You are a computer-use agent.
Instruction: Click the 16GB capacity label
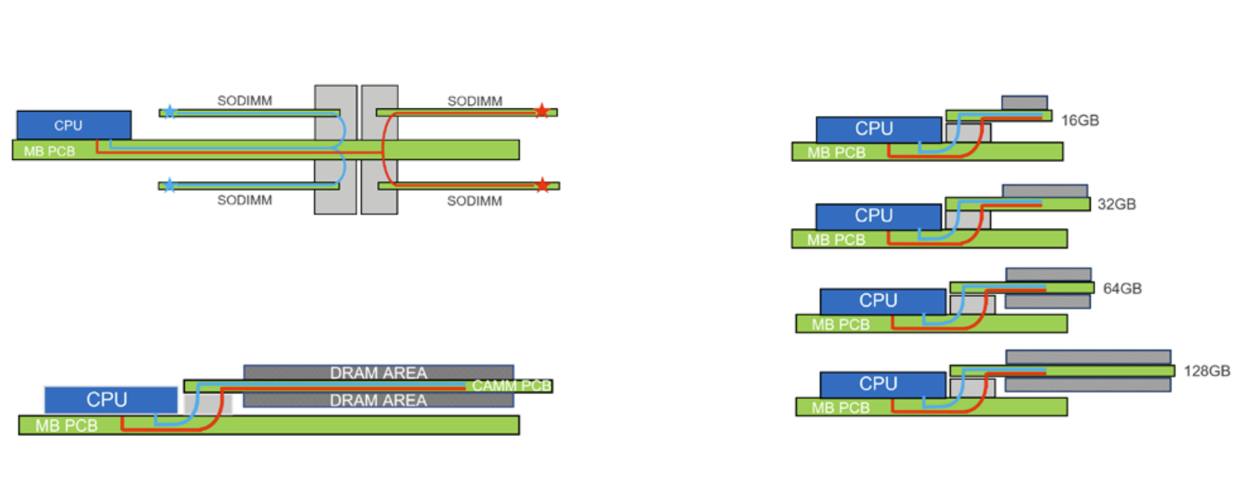(1080, 121)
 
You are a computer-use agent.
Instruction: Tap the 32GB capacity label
(1116, 204)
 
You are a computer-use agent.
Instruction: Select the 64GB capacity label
(1122, 289)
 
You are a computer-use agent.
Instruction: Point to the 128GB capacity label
(1206, 371)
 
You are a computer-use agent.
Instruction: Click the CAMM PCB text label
(511, 386)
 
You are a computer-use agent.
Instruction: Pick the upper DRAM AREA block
(378, 372)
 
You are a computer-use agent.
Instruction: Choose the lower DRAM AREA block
(378, 400)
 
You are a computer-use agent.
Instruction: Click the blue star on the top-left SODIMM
(170, 112)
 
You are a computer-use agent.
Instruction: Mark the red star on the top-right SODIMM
(541, 110)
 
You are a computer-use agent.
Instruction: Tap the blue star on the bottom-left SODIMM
(170, 185)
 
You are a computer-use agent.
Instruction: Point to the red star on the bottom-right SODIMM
(542, 185)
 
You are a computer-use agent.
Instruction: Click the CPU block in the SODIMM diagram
(73, 125)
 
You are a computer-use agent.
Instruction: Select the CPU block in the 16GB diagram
(878, 129)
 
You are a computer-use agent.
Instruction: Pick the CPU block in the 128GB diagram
(882, 384)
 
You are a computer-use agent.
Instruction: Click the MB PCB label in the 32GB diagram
(836, 240)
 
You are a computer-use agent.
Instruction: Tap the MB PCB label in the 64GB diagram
(840, 325)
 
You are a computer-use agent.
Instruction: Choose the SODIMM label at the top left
(244, 100)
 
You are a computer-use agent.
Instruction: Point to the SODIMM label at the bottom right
(474, 201)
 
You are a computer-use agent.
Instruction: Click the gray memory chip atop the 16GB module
(1024, 102)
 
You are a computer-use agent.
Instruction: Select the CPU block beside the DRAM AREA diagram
(110, 399)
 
